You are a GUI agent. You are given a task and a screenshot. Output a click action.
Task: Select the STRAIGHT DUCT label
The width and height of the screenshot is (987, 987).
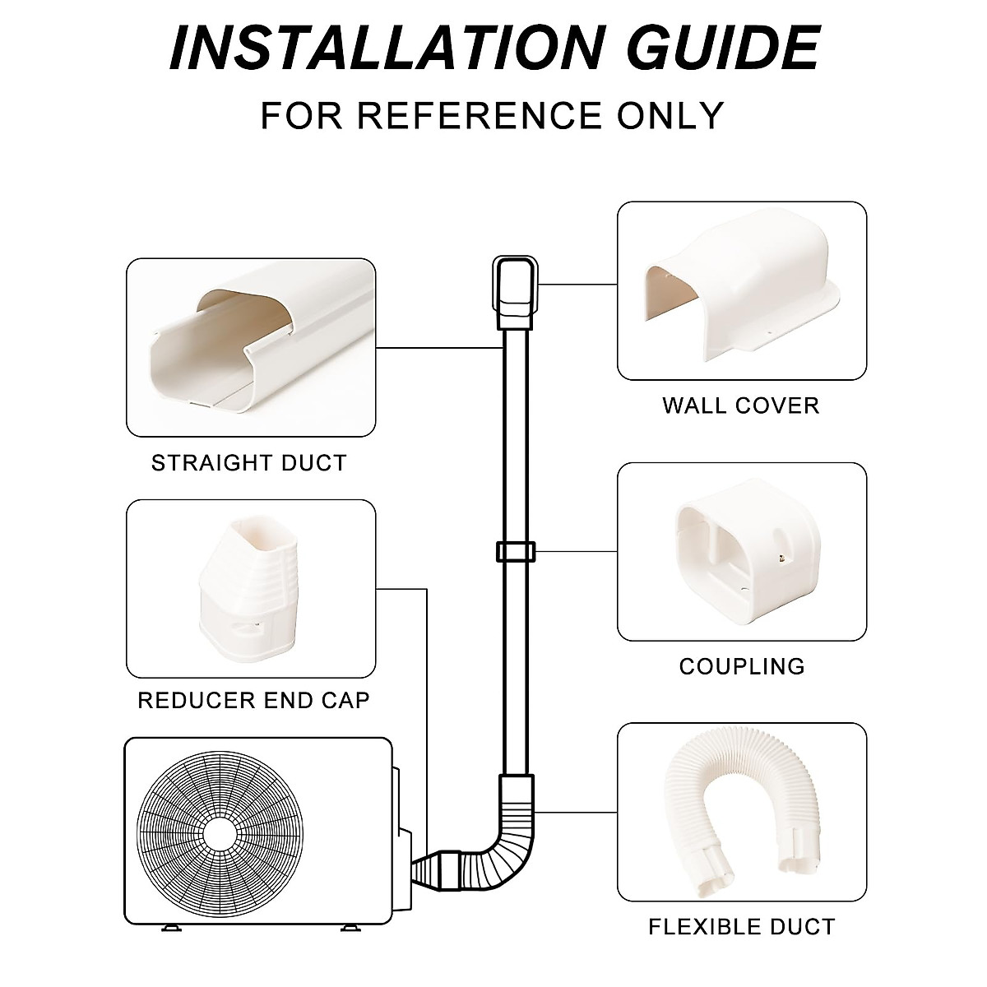tap(248, 463)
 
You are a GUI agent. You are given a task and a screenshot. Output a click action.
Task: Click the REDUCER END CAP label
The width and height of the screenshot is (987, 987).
tap(253, 701)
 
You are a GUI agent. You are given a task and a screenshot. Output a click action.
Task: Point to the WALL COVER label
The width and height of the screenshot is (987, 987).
tap(740, 405)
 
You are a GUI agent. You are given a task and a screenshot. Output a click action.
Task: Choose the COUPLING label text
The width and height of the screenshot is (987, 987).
tap(741, 666)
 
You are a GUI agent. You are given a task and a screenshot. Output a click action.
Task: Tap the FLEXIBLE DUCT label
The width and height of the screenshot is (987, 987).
tap(741, 928)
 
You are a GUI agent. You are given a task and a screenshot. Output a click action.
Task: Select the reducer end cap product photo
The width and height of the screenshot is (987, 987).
tap(239, 588)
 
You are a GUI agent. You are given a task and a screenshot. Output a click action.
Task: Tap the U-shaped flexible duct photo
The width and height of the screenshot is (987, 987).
tap(740, 810)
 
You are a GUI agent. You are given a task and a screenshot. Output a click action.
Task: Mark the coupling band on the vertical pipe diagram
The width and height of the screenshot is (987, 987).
tap(514, 551)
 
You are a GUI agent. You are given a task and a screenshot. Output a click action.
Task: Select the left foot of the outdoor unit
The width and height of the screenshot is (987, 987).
tap(171, 928)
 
